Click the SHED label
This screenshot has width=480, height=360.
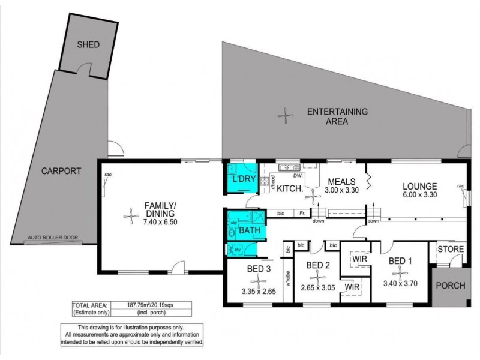[88, 45]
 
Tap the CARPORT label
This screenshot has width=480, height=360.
[61, 170]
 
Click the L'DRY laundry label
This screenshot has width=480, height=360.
[244, 180]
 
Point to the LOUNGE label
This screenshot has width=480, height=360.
[419, 185]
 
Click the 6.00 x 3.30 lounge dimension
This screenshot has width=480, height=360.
[419, 195]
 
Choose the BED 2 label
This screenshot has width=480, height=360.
[319, 265]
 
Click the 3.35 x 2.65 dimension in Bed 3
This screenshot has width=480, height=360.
[259, 292]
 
